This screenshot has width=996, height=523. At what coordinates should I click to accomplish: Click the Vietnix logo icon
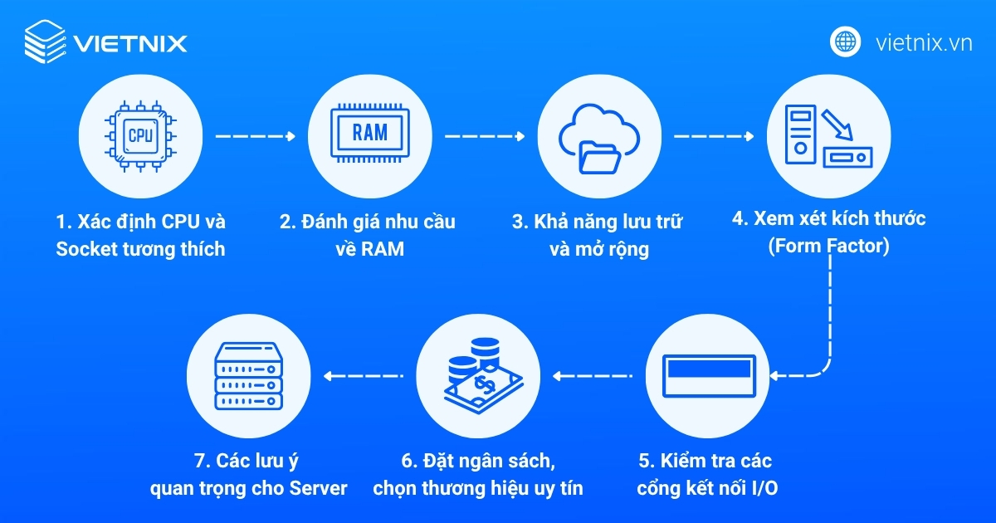44,41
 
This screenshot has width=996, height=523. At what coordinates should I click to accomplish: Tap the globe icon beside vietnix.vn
846,41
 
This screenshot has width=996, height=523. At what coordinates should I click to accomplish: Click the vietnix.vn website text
924,42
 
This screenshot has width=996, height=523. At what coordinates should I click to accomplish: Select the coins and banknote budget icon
479,375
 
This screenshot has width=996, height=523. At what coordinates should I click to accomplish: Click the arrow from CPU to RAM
255,136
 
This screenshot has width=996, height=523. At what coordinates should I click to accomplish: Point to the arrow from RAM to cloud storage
484,136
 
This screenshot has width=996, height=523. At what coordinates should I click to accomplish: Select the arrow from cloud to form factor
713,136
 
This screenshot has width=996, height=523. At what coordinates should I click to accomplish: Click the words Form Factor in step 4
828,247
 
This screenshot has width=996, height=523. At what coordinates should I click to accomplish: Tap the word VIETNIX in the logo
130,42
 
